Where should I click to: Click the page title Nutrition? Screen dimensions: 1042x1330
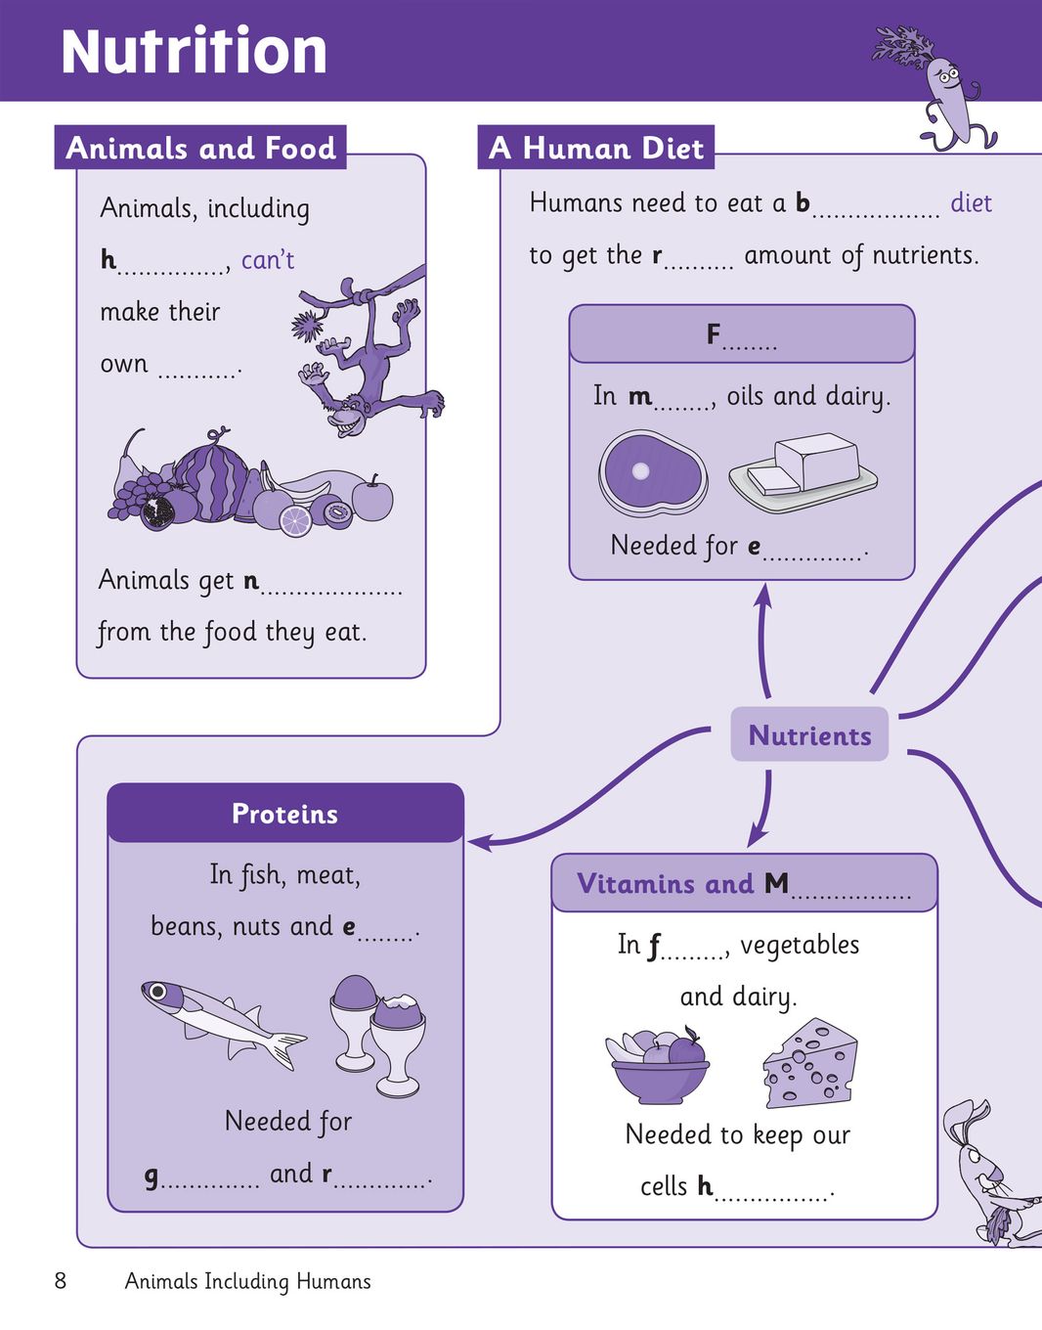click(194, 52)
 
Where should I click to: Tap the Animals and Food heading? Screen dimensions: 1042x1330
click(200, 148)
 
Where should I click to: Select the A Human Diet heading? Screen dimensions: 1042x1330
click(595, 148)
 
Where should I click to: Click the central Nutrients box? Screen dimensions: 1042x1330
click(809, 734)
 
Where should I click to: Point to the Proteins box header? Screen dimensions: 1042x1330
click(285, 814)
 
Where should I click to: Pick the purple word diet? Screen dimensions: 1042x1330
click(971, 203)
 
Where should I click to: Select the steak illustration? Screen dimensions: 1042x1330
click(653, 470)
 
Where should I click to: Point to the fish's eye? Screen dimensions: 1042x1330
click(158, 990)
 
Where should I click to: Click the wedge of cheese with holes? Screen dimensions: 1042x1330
click(809, 1063)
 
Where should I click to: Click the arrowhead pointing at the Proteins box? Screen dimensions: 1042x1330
click(480, 843)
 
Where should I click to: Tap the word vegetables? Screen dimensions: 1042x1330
click(800, 946)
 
